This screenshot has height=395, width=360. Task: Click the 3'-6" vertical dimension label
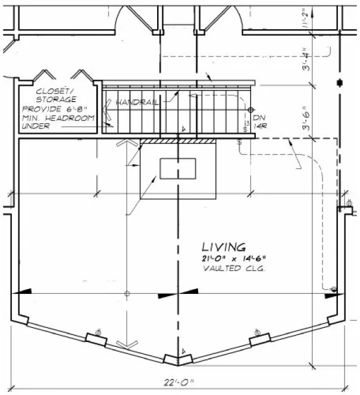point(306,120)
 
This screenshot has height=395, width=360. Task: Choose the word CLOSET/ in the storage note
point(54,91)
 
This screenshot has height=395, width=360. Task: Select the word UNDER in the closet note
point(36,126)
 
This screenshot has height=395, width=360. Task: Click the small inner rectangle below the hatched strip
point(178,168)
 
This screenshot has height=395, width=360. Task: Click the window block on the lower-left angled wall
point(97,338)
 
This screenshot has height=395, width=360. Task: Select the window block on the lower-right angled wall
point(258,338)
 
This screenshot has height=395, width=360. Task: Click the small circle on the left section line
point(127,294)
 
